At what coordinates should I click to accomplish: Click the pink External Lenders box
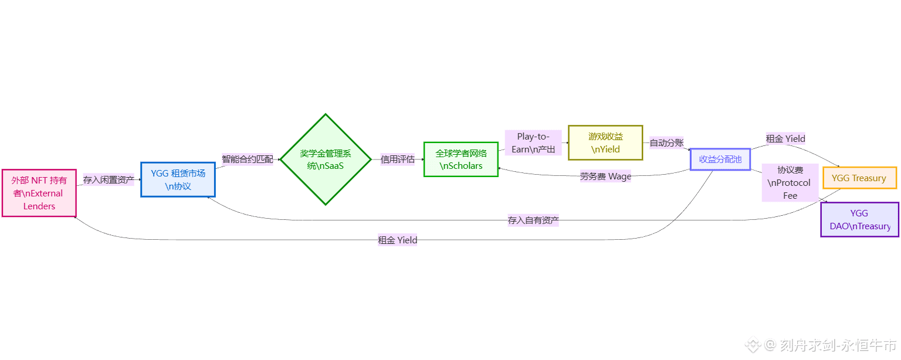(x=39, y=193)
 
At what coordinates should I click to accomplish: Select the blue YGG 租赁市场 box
(x=178, y=179)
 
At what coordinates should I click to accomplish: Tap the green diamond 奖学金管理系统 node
(x=326, y=159)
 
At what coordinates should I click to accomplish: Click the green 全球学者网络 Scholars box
(x=461, y=159)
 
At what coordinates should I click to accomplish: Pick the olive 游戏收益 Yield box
(x=605, y=142)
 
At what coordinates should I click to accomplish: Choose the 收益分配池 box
(x=720, y=159)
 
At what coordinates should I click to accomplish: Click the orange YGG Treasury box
(x=859, y=178)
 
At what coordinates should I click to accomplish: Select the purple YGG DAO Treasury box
(x=859, y=219)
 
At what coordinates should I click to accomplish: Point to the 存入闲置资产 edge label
(x=109, y=180)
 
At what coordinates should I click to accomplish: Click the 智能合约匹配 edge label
(x=248, y=159)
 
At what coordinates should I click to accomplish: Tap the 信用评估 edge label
(x=398, y=159)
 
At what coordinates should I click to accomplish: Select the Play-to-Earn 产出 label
(x=533, y=143)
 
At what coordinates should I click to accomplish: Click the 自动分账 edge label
(x=666, y=143)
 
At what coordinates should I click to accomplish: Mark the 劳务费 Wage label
(x=605, y=176)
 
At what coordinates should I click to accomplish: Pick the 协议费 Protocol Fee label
(x=790, y=182)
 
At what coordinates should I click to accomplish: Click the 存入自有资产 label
(x=533, y=221)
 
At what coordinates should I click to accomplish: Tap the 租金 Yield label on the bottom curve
(x=398, y=240)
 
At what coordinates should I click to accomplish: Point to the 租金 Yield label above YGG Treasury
(x=785, y=139)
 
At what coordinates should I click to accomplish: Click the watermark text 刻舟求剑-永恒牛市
(x=838, y=345)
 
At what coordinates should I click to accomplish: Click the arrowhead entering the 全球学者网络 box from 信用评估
(x=422, y=159)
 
